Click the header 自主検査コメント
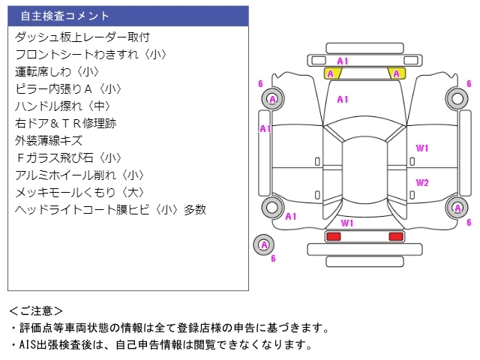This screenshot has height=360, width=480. pyautogui.click(x=65, y=16)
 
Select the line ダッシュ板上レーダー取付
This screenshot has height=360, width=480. pyautogui.click(x=82, y=37)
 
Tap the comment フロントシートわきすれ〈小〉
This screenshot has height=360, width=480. pyautogui.click(x=91, y=54)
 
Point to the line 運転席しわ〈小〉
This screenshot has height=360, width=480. pyautogui.click(x=57, y=71)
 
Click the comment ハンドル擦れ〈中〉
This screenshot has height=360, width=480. pyautogui.click(x=67, y=106)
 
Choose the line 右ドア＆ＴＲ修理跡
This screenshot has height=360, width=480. pyautogui.click(x=66, y=123)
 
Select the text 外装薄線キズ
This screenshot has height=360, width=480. pyautogui.click(x=49, y=140)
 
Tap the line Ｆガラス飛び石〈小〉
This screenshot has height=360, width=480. pyautogui.click(x=68, y=157)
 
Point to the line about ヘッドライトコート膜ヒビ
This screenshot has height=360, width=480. pyautogui.click(x=110, y=209)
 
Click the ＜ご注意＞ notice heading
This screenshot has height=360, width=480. pyautogui.click(x=36, y=310)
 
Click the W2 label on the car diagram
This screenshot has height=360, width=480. pyautogui.click(x=422, y=182)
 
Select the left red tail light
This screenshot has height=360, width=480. pyautogui.click(x=332, y=237)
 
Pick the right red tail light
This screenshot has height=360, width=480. pyautogui.click(x=395, y=237)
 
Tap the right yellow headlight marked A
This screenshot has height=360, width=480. pyautogui.click(x=395, y=73)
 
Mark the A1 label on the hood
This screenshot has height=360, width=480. pyautogui.click(x=342, y=99)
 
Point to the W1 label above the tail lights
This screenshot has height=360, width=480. pyautogui.click(x=346, y=223)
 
